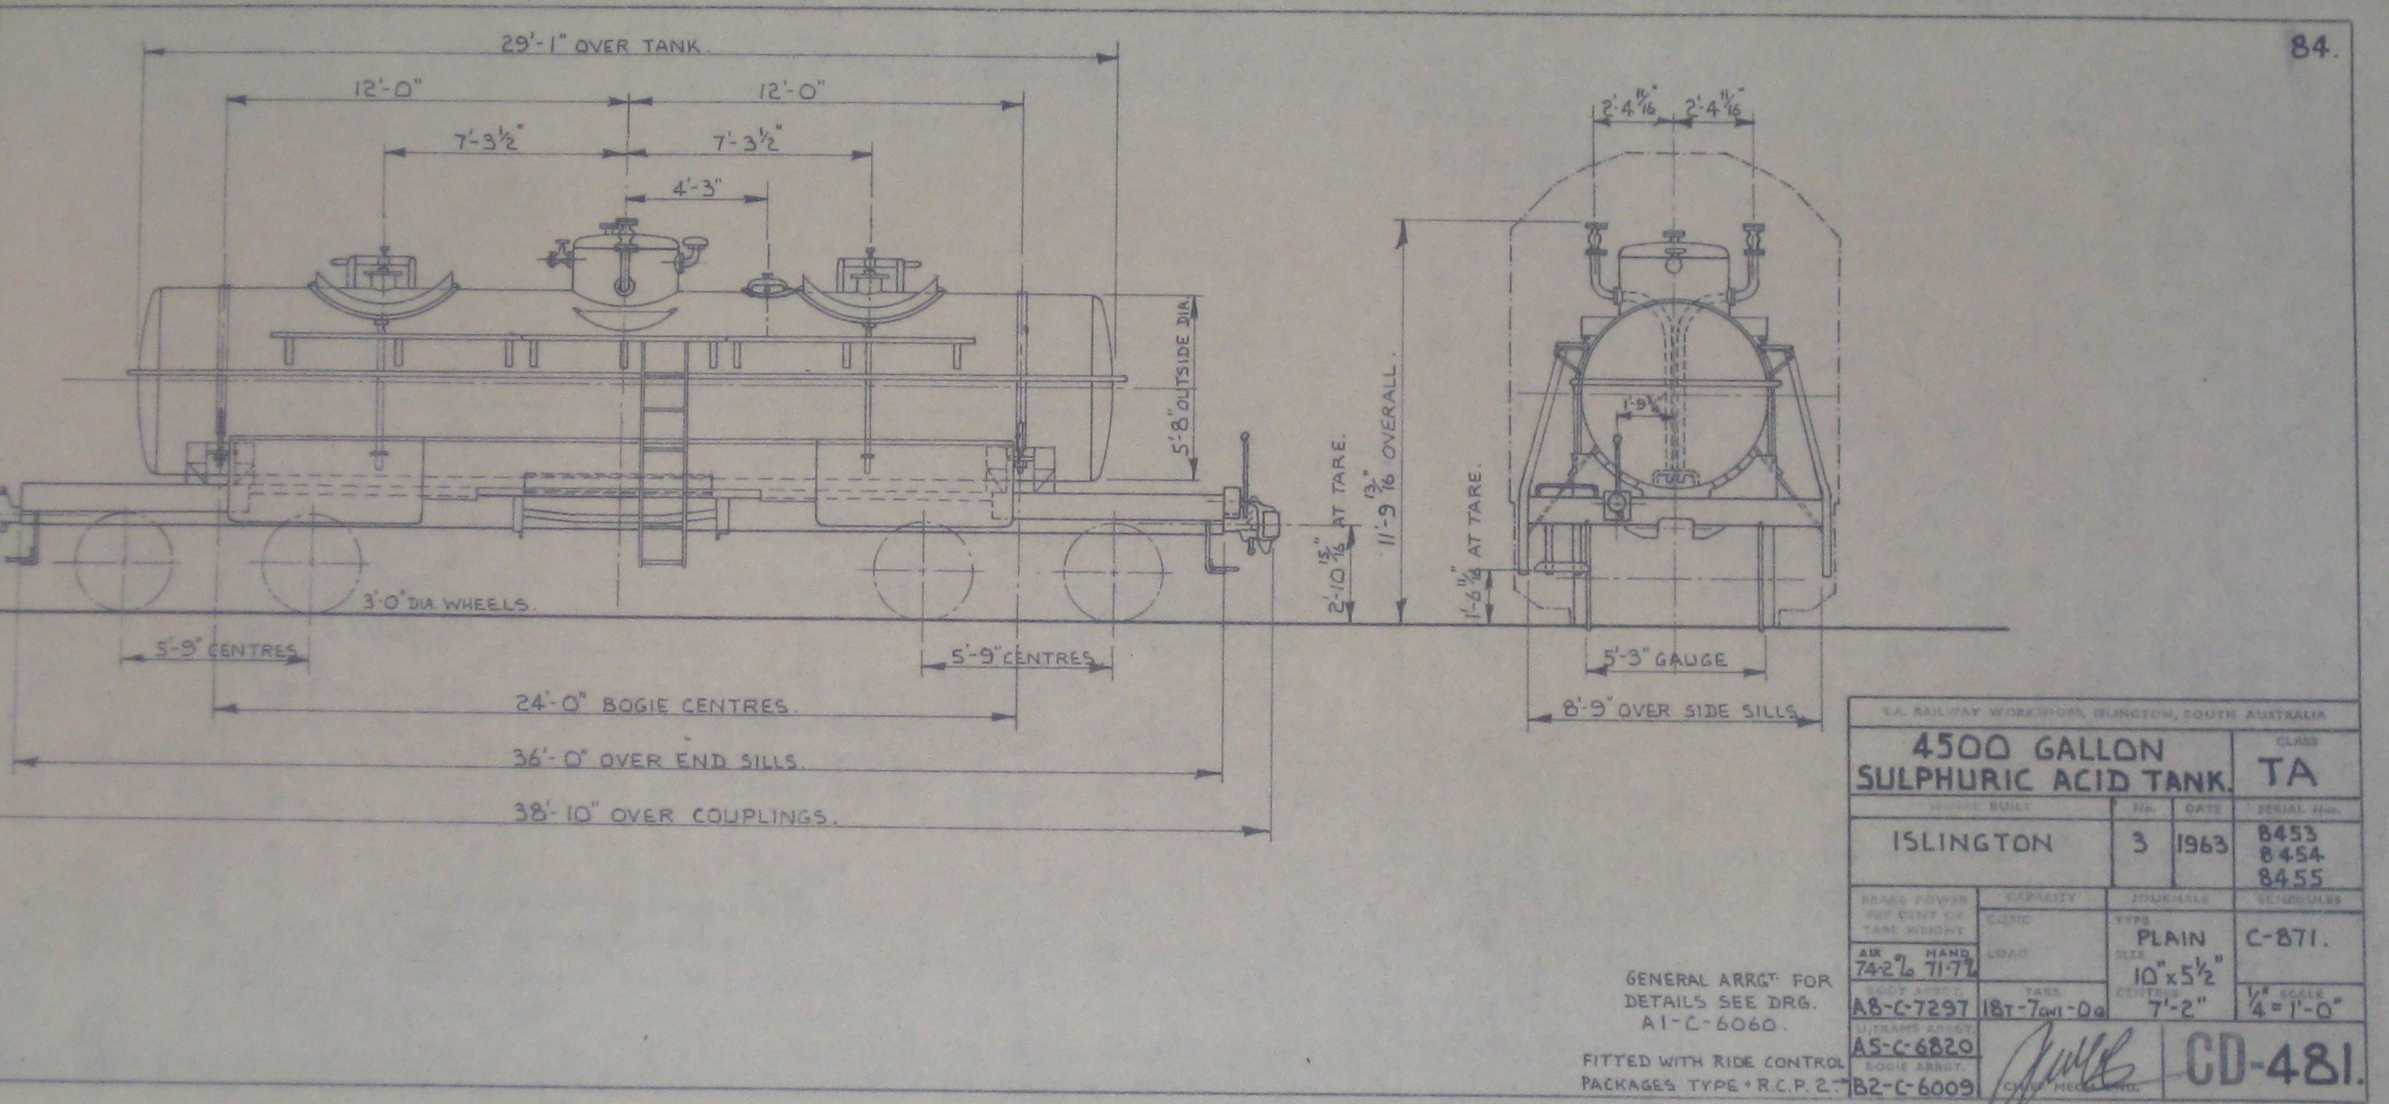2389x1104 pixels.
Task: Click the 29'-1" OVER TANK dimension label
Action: point(614,45)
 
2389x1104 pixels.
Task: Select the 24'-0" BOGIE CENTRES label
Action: point(651,705)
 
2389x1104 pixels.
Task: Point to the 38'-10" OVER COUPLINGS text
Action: point(676,816)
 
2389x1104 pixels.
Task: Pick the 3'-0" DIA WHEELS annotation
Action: point(445,604)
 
